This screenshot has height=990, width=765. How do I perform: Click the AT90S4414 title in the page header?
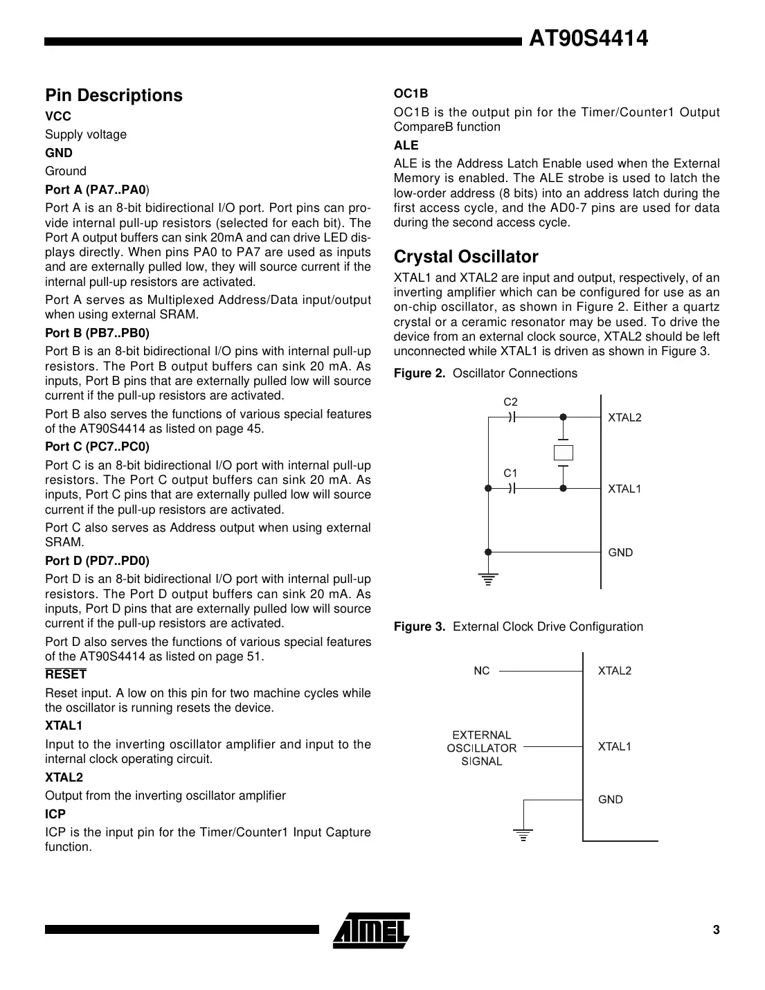point(588,39)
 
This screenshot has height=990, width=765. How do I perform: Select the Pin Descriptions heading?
point(114,96)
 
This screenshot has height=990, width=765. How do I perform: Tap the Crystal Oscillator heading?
point(465,257)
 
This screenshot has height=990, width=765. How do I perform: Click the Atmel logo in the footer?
point(371,930)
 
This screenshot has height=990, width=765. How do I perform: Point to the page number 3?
point(716,930)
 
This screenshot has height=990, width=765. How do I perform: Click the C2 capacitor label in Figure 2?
point(510,402)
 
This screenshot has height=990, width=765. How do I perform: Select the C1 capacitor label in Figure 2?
point(510,474)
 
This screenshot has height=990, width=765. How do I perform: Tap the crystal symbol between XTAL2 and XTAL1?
point(564,453)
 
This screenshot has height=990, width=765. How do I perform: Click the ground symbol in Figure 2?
point(488,579)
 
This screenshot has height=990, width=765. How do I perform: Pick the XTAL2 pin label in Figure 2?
point(624,417)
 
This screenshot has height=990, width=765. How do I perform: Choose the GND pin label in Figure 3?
point(610,800)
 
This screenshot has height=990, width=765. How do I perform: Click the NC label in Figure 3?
point(481,671)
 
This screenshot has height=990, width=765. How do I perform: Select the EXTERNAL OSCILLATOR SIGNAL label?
point(481,748)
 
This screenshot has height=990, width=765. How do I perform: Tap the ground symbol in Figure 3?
point(524,834)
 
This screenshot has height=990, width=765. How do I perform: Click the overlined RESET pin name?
point(66,674)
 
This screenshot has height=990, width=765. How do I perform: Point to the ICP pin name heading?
point(55,814)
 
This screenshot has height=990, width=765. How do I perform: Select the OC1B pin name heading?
point(411,93)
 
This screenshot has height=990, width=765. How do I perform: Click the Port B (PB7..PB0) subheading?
point(97,333)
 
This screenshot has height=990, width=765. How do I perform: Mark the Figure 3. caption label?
point(420,627)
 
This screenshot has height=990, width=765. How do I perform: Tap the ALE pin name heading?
point(406,145)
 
